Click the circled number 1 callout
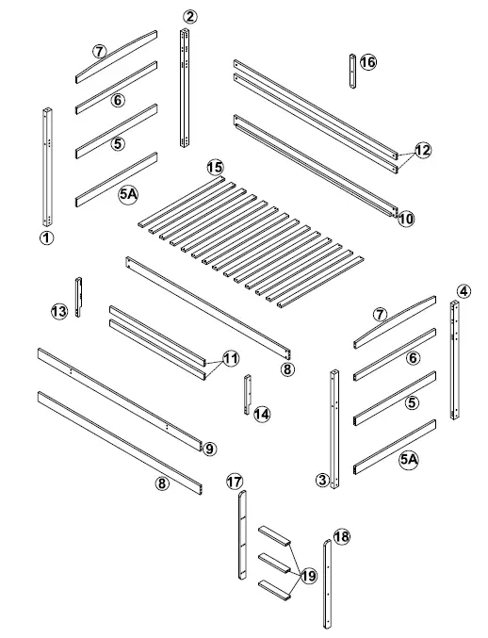click(45, 238)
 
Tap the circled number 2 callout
click(190, 16)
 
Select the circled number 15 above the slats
click(215, 167)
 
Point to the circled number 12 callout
click(422, 150)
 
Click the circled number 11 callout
click(231, 358)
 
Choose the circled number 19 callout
click(308, 574)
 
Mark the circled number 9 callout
click(209, 449)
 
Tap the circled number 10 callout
click(405, 219)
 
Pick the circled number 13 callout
click(59, 311)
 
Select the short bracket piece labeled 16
click(353, 72)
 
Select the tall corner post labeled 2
click(185, 85)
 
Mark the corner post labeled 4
click(455, 363)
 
